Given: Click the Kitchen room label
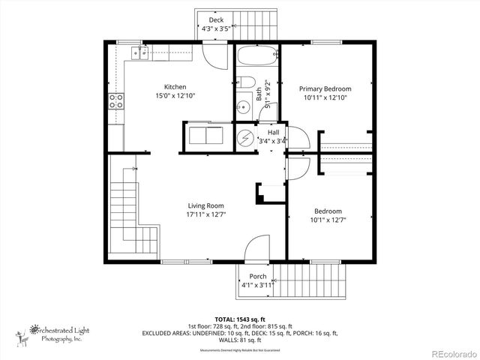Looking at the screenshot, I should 175,87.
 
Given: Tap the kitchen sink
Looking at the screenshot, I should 138,52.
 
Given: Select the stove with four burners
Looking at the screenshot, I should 116,101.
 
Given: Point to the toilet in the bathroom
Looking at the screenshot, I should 250,83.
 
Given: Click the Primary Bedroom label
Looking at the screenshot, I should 325,88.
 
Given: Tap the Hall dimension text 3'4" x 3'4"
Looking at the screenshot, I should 272,140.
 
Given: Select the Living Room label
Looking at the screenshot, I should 205,205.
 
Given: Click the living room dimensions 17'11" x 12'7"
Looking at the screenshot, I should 205,214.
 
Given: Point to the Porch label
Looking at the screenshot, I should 257,276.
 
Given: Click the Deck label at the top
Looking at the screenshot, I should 215,20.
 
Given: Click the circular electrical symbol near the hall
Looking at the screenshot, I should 246,139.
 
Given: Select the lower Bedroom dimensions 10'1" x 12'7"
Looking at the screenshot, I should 328,220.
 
